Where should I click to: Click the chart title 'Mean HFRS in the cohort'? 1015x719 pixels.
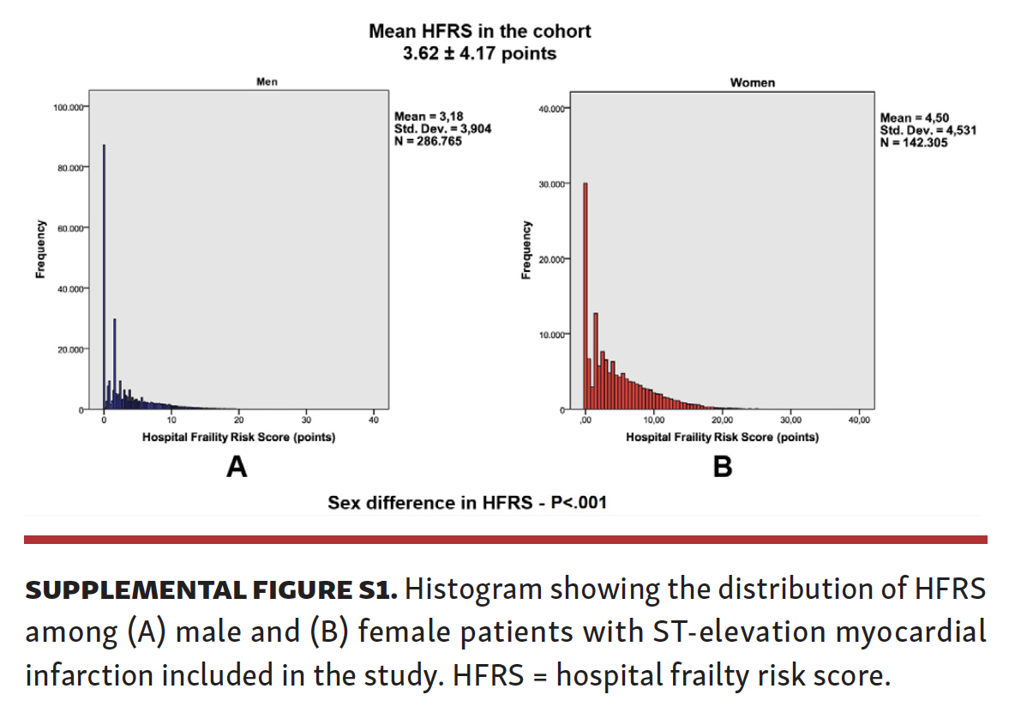(479, 31)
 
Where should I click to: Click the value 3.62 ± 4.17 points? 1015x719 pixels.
(479, 53)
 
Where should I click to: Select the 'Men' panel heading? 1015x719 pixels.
(267, 82)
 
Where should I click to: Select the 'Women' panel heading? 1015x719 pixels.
(752, 82)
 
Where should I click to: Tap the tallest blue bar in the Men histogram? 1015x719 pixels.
(105, 275)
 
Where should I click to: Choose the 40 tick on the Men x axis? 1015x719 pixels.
(374, 420)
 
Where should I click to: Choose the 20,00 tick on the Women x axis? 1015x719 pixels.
(722, 420)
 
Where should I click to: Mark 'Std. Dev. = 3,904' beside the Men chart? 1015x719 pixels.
(442, 129)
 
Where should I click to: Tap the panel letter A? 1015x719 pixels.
(236, 468)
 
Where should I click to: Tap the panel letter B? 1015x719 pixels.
(723, 468)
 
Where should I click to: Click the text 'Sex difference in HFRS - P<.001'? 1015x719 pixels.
(466, 503)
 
